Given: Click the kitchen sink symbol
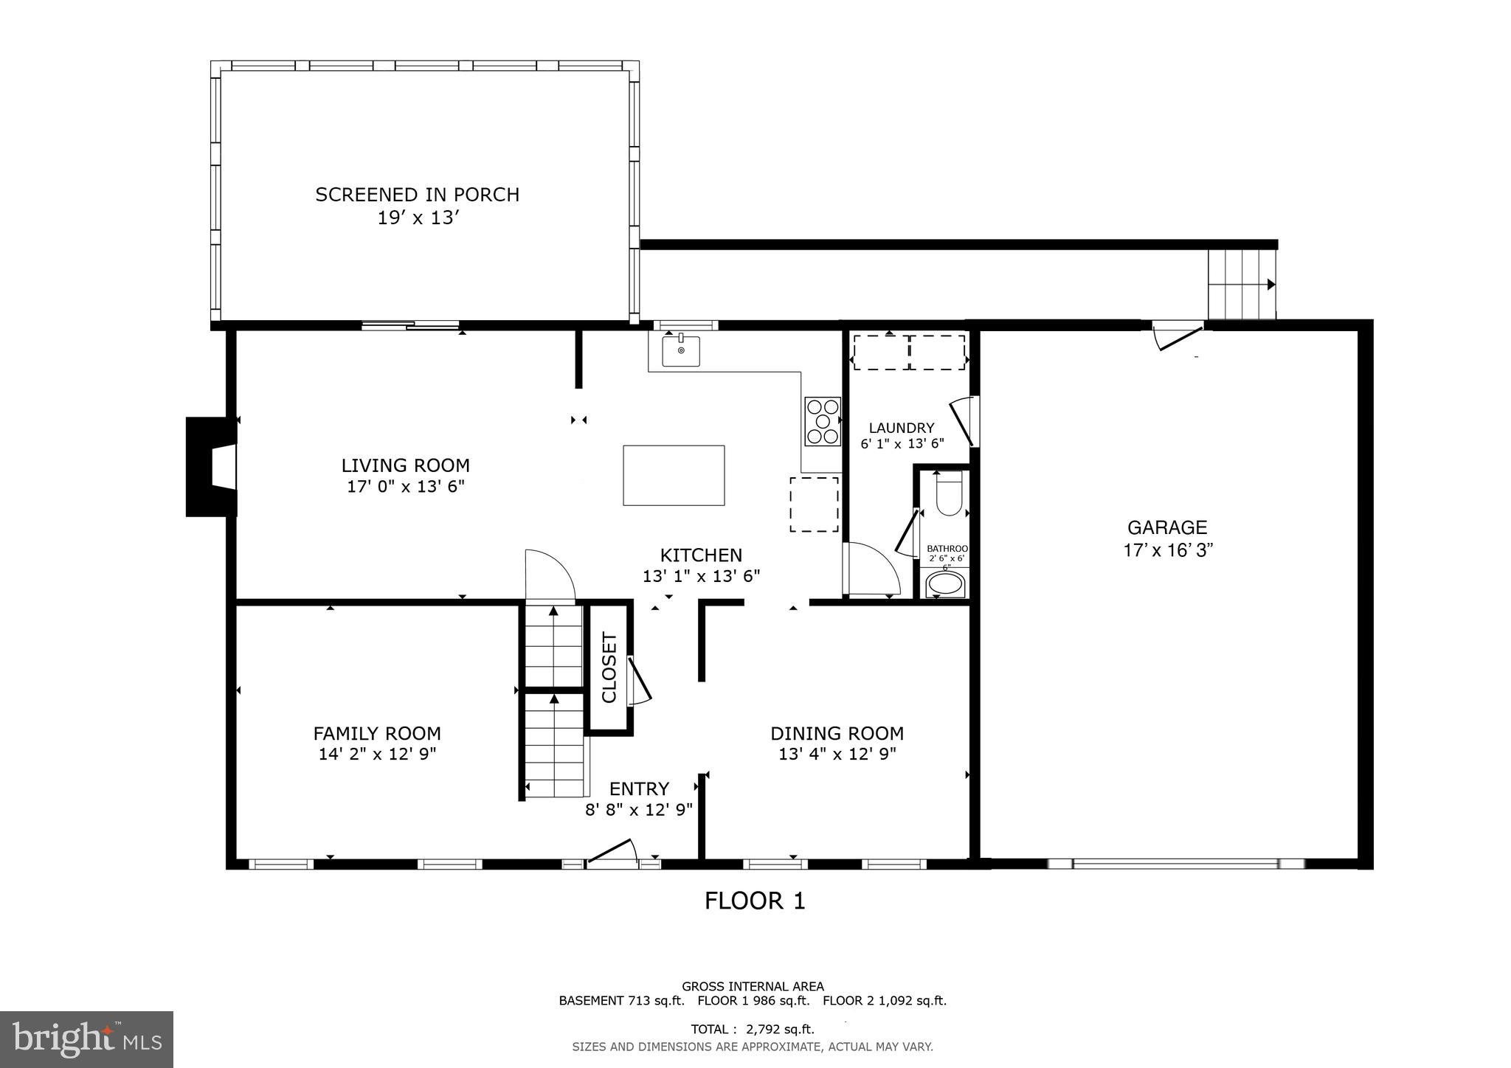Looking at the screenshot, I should (x=680, y=350).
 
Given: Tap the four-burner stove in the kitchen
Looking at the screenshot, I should (x=822, y=421).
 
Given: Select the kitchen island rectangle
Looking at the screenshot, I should (x=674, y=475).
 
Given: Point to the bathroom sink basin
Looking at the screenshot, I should (x=945, y=585).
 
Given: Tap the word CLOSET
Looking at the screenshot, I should (x=609, y=667).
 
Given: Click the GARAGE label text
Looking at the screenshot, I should (x=1166, y=527).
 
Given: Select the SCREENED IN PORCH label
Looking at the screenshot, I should (x=417, y=195).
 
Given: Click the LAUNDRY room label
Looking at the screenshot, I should (x=901, y=428).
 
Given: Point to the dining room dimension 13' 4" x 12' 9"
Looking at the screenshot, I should (x=837, y=754).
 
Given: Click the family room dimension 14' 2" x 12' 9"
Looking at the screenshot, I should (x=377, y=754).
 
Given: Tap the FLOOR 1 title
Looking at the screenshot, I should (x=754, y=901).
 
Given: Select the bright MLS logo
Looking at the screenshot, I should (x=86, y=1039).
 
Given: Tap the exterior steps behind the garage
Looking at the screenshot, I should (x=1242, y=285).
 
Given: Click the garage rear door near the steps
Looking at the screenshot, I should (x=1178, y=335).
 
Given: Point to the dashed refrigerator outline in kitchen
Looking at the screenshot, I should (x=814, y=504).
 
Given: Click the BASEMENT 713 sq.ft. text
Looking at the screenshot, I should (x=621, y=1001).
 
